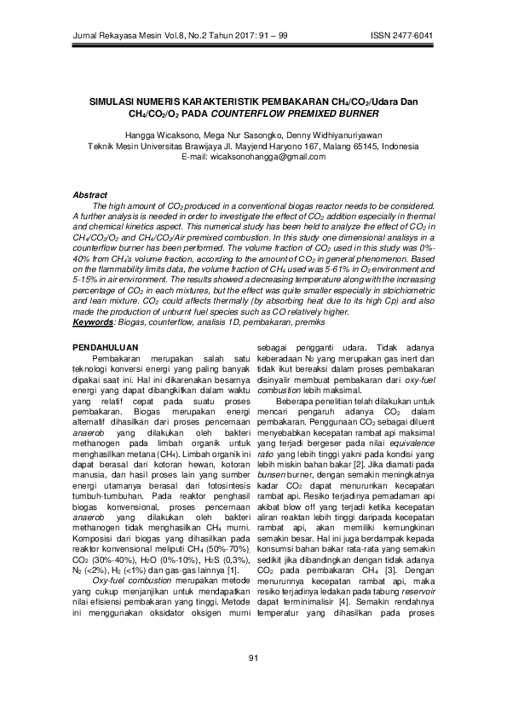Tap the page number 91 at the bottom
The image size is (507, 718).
pyautogui.click(x=252, y=680)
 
